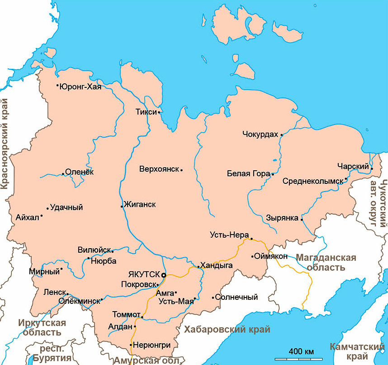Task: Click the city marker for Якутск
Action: click(164, 275)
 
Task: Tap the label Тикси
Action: click(146, 112)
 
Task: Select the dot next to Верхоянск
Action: click(181, 170)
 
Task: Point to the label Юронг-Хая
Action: click(80, 86)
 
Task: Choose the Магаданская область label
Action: click(326, 262)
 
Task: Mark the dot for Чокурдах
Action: click(281, 134)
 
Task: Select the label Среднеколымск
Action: click(313, 181)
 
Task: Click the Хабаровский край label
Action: click(227, 329)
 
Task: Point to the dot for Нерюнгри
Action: click(131, 345)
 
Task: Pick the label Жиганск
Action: click(140, 205)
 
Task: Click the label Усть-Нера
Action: click(230, 235)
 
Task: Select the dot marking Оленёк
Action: click(63, 173)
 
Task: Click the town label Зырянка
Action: click(282, 218)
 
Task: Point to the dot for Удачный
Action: click(47, 208)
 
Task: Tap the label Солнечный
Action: click(237, 298)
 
